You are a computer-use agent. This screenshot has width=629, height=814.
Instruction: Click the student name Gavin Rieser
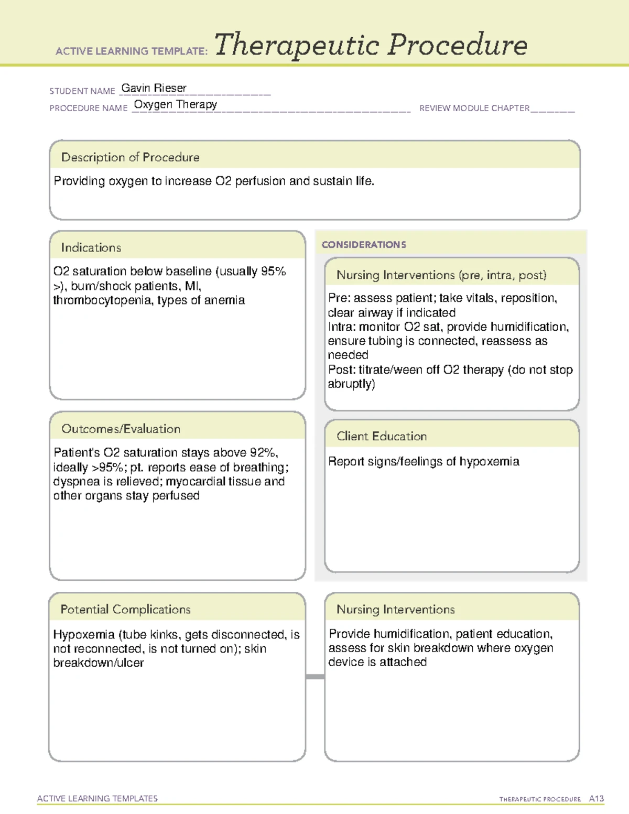click(154, 88)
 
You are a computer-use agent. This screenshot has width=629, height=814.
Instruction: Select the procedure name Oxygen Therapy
click(175, 104)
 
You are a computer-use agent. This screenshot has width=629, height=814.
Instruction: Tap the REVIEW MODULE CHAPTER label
click(474, 108)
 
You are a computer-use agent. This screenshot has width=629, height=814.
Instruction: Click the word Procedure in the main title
click(457, 45)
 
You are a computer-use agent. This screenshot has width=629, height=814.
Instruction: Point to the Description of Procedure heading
click(130, 157)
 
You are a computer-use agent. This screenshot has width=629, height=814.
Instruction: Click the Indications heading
click(91, 247)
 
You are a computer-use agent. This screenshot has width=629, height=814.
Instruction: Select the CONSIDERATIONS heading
click(364, 245)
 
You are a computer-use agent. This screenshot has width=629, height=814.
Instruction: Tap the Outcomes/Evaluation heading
click(121, 429)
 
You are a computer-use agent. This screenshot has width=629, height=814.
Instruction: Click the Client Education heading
click(382, 436)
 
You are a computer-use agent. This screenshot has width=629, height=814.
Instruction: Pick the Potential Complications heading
click(125, 609)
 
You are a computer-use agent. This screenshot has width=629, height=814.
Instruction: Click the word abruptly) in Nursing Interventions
click(351, 384)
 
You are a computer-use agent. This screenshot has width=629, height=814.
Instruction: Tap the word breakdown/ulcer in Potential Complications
click(98, 663)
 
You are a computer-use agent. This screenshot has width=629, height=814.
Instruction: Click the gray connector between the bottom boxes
click(315, 677)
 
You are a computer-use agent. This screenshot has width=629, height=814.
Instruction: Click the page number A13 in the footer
click(596, 798)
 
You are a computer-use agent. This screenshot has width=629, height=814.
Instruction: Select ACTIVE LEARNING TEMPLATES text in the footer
click(97, 798)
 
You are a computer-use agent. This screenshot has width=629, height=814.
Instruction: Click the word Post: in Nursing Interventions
click(342, 370)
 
